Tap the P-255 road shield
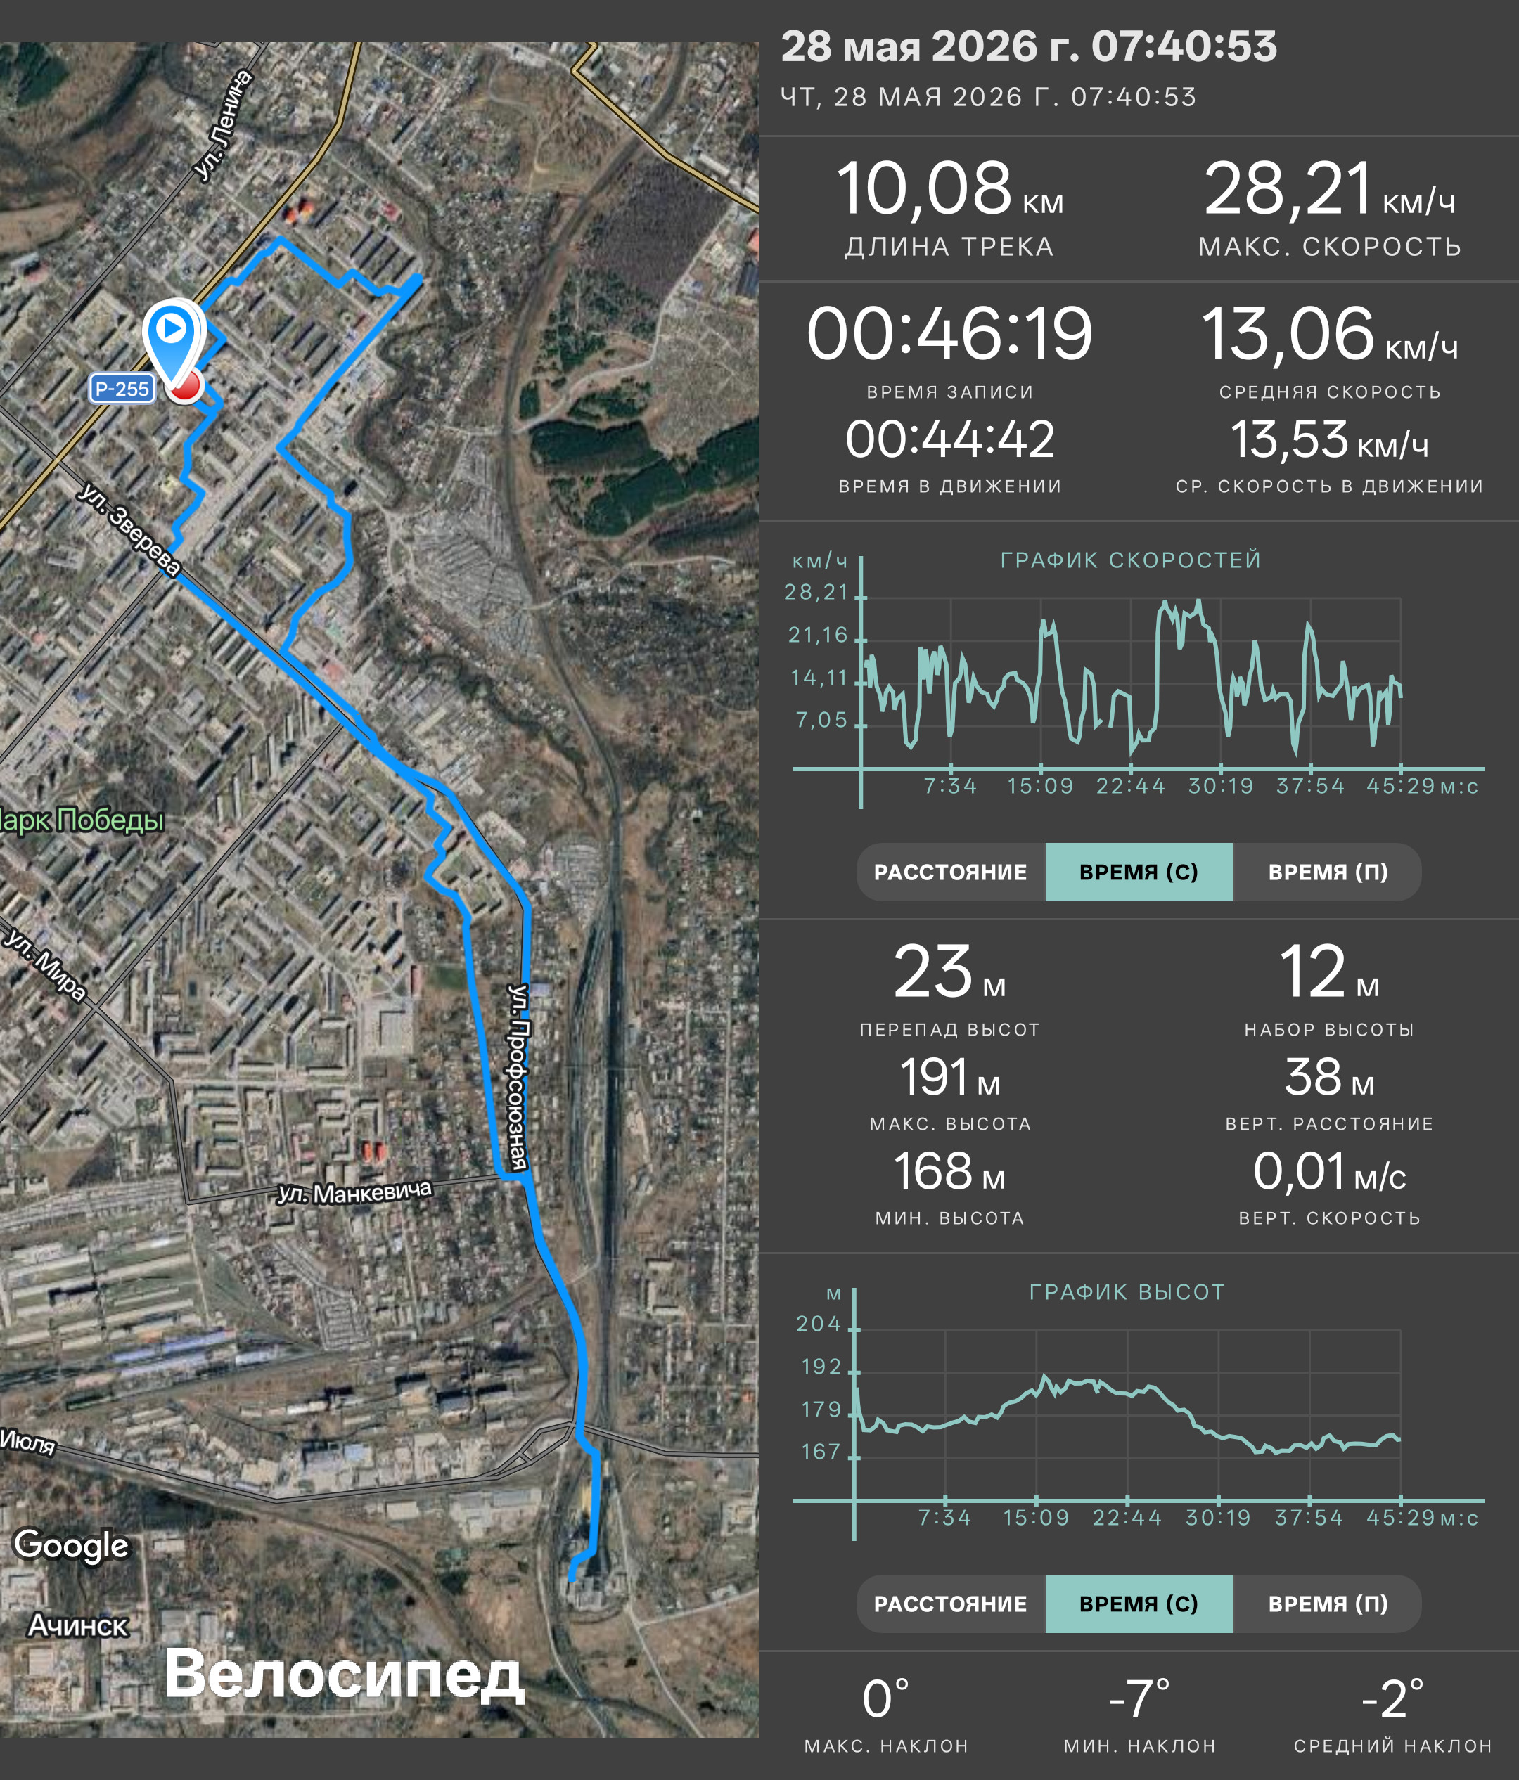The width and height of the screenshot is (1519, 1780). pyautogui.click(x=121, y=388)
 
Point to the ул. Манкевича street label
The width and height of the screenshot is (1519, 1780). pyautogui.click(x=354, y=1192)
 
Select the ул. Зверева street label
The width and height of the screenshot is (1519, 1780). pyautogui.click(x=129, y=529)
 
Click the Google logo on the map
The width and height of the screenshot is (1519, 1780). pyautogui.click(x=71, y=1544)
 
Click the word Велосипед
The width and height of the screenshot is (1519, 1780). pyautogui.click(x=344, y=1675)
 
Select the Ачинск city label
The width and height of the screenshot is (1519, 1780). pyautogui.click(x=78, y=1625)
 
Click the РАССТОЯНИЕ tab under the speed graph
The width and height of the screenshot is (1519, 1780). pyautogui.click(x=950, y=872)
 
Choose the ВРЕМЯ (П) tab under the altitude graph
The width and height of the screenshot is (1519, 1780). pyautogui.click(x=1328, y=1604)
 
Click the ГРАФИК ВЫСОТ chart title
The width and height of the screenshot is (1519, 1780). pyautogui.click(x=1127, y=1292)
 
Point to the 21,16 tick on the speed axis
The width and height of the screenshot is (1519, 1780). pyautogui.click(x=818, y=635)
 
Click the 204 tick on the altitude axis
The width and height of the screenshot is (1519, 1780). pyautogui.click(x=818, y=1324)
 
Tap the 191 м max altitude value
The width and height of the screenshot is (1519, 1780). pyautogui.click(x=949, y=1077)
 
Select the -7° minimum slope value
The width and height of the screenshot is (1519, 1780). pyautogui.click(x=1139, y=1698)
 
